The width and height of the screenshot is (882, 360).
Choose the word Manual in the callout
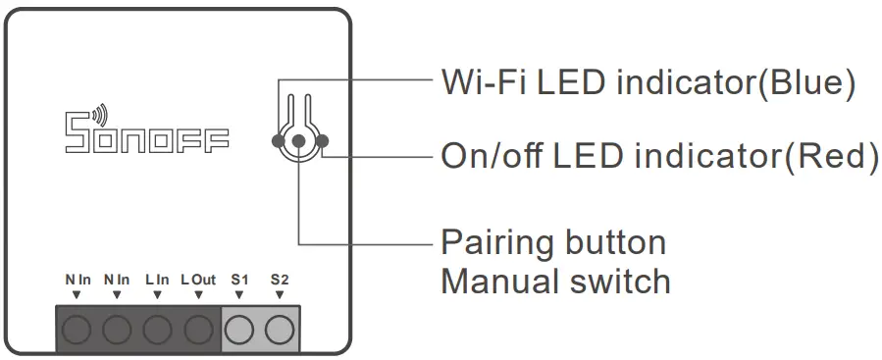[x=496, y=282]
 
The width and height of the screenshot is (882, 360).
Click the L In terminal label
[x=157, y=281]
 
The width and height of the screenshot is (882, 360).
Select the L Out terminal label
[x=198, y=281]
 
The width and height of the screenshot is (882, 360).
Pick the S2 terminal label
[x=280, y=281]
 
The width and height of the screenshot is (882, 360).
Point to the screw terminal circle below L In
[x=158, y=329]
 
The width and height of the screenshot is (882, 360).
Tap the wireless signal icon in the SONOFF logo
[x=105, y=113]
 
